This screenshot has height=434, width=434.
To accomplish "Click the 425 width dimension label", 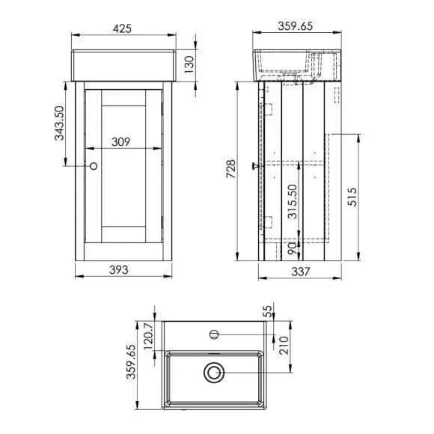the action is point(122,28).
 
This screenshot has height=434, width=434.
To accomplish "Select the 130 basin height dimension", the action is point(189,64).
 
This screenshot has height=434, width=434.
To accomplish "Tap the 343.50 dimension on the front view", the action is point(59,123).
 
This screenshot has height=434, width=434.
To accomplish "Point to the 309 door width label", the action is point(120,142).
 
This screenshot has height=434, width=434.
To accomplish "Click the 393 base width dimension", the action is point(119,270).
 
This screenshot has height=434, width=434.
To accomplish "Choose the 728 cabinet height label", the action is point(230,169).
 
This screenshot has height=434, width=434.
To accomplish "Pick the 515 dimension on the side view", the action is point(352,197).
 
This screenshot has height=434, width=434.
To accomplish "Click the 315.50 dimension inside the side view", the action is point(293,202).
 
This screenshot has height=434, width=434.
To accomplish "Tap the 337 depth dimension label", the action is point(301,272).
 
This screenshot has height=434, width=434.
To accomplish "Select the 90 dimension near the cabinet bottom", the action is point(293,248).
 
